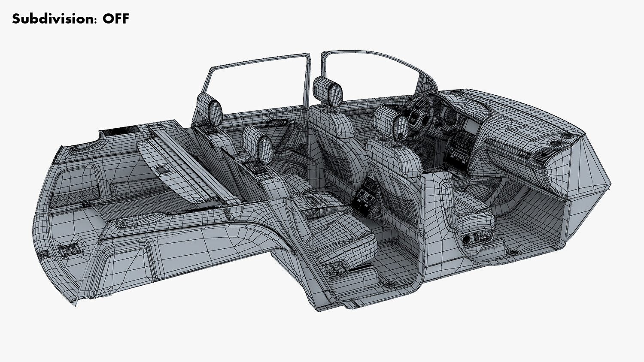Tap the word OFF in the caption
coord(116,19)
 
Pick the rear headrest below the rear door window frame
coord(210,110)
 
